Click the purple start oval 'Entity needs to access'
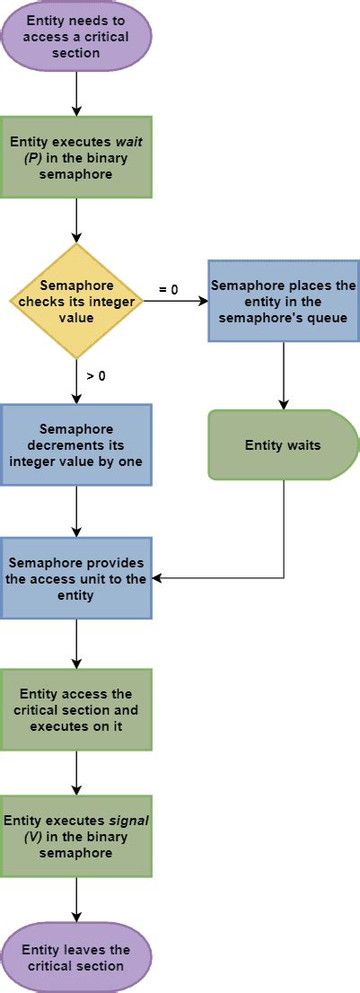76,36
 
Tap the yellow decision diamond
76,302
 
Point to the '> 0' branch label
95,376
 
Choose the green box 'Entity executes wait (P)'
76,156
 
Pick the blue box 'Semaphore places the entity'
284,301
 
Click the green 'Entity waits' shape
284,444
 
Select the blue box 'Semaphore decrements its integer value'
76,445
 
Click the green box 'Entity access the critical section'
76,709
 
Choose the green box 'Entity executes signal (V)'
76,836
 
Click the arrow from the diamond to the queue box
175,302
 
